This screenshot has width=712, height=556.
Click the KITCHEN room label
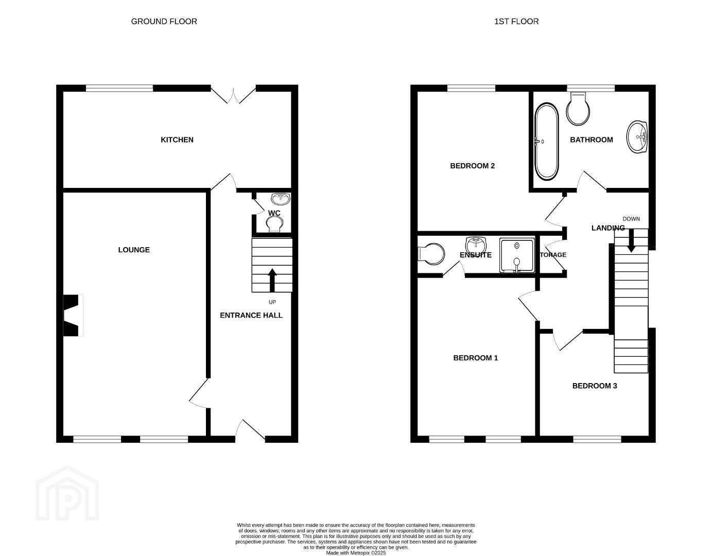pyautogui.click(x=177, y=140)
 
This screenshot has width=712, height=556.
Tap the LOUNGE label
pyautogui.click(x=134, y=250)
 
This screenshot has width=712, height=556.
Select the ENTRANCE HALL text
pyautogui.click(x=251, y=316)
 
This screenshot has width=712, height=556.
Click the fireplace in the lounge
pyautogui.click(x=72, y=316)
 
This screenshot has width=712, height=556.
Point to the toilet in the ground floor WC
pyautogui.click(x=274, y=225)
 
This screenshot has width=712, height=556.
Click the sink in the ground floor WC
pyautogui.click(x=281, y=199)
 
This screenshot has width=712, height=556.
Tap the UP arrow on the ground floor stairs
pyautogui.click(x=272, y=281)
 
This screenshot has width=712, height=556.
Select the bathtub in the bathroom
pyautogui.click(x=547, y=142)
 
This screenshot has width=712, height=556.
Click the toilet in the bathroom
pyautogui.click(x=578, y=109)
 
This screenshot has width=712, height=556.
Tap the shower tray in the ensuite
pyautogui.click(x=517, y=255)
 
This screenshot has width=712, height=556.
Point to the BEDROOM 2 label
pyautogui.click(x=472, y=166)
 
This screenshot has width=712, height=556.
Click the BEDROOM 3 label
pyautogui.click(x=595, y=386)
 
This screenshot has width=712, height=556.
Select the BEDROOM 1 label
pyautogui.click(x=475, y=358)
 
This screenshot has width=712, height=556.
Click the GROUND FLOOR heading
pyautogui.click(x=164, y=22)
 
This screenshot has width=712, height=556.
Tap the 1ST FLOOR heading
pyautogui.click(x=516, y=22)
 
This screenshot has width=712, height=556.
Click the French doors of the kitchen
pyautogui.click(x=233, y=95)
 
